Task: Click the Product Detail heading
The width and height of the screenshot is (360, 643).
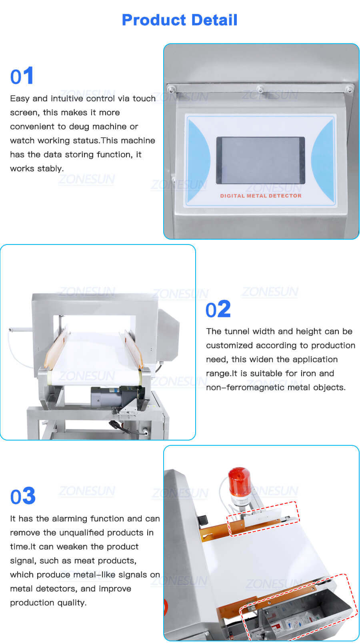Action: point(180,20)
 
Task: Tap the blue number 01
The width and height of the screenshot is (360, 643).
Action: point(22,76)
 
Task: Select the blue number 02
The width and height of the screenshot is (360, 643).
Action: point(218,309)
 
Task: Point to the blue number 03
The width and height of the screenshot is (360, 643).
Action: point(23,496)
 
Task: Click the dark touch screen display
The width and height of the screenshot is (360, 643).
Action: point(260,160)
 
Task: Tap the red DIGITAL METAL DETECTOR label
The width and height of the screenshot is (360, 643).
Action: point(260,196)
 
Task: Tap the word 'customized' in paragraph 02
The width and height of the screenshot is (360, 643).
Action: point(229,345)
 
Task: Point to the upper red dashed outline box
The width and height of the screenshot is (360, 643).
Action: point(263,519)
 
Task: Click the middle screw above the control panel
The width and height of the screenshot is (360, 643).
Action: point(260,89)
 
